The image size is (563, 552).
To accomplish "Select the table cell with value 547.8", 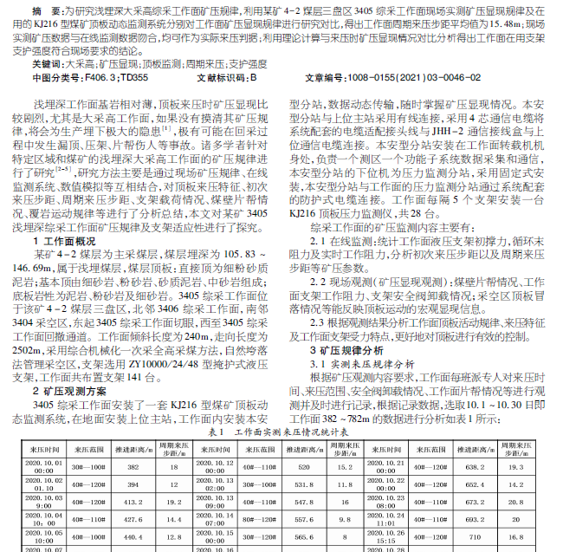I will [x=304, y=502].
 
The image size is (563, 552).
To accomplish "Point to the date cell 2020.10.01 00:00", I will [x=41, y=465].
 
